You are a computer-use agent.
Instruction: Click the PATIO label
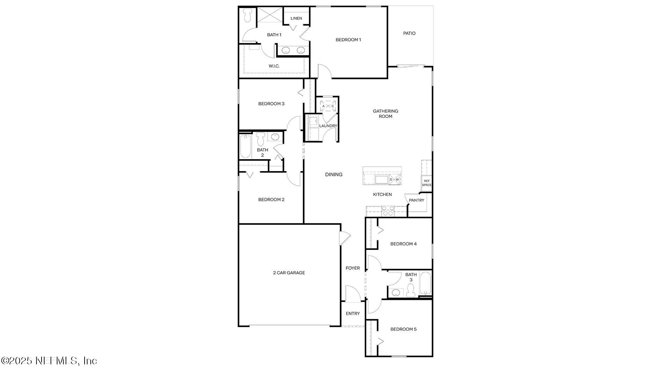pyautogui.click(x=409, y=33)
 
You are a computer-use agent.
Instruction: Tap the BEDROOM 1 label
pyautogui.click(x=348, y=40)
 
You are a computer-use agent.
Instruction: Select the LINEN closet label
pyautogui.click(x=296, y=18)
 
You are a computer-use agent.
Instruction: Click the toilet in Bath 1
pyautogui.click(x=248, y=15)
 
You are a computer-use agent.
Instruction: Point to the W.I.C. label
pyautogui.click(x=274, y=66)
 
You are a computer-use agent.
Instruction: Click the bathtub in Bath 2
pyautogui.click(x=245, y=146)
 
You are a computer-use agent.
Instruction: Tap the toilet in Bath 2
pyautogui.click(x=260, y=139)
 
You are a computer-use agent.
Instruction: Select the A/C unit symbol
pyautogui.click(x=328, y=106)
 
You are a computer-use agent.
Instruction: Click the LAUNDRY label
pyautogui.click(x=328, y=126)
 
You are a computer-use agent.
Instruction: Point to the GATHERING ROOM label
pyautogui.click(x=385, y=114)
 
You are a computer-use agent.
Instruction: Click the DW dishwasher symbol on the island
pyautogui.click(x=394, y=180)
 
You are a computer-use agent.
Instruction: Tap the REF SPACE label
pyautogui.click(x=426, y=183)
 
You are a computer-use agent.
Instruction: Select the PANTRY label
pyautogui.click(x=416, y=200)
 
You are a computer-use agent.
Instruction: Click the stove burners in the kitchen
pyautogui.click(x=388, y=211)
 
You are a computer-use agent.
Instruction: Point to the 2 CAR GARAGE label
pyautogui.click(x=289, y=273)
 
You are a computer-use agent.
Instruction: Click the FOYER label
pyautogui.click(x=352, y=268)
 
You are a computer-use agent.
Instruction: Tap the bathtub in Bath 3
pyautogui.click(x=425, y=283)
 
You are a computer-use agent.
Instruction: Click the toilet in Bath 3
pyautogui.click(x=411, y=290)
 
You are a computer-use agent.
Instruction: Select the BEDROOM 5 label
pyautogui.click(x=403, y=329)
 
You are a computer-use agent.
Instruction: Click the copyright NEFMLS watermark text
pyautogui.click(x=49, y=360)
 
